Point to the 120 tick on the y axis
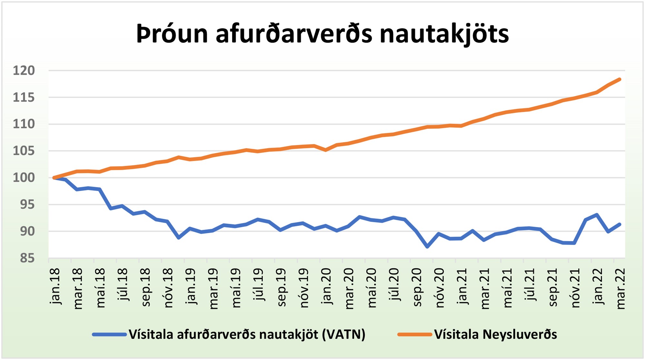tap(24, 71)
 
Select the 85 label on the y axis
tap(27, 258)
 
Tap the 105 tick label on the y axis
tap(24, 151)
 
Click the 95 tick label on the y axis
tap(27, 204)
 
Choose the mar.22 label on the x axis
tap(620, 288)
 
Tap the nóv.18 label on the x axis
tap(168, 288)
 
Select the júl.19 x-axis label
tap(259, 285)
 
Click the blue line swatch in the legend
tap(109, 335)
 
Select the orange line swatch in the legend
tap(414, 335)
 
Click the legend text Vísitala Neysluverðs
tap(495, 335)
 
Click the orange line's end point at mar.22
tap(620, 79)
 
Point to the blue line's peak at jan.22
tap(597, 215)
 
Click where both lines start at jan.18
tap(54, 178)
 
